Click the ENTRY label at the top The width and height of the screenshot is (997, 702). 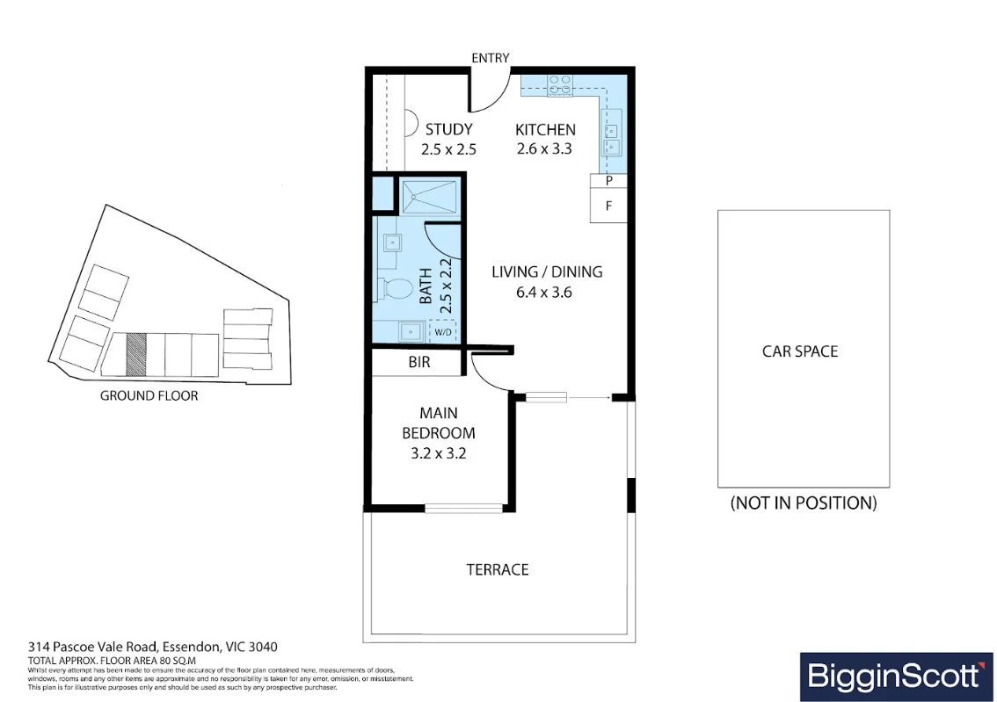pyautogui.click(x=490, y=58)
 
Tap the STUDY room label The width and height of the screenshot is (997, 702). pyautogui.click(x=448, y=130)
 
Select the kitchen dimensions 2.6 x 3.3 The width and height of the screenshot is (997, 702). pyautogui.click(x=544, y=149)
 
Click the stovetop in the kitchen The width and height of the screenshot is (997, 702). pyautogui.click(x=559, y=85)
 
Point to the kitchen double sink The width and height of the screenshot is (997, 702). pyautogui.click(x=612, y=139)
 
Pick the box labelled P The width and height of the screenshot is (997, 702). pyautogui.click(x=608, y=181)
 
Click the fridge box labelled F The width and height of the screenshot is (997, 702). pyautogui.click(x=608, y=206)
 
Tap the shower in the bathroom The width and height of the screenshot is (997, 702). pyautogui.click(x=430, y=194)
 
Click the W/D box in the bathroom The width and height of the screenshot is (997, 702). pyautogui.click(x=441, y=332)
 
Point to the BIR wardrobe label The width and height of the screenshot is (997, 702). pyautogui.click(x=419, y=362)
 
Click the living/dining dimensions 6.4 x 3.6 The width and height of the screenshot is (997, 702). pyautogui.click(x=544, y=292)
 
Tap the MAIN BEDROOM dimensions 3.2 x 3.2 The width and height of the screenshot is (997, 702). pyautogui.click(x=438, y=454)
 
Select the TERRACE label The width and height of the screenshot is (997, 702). pyautogui.click(x=498, y=569)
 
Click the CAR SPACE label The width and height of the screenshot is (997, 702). pyautogui.click(x=799, y=351)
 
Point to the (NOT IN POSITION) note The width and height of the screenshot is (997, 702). pyautogui.click(x=803, y=503)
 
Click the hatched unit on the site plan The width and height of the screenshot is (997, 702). pyautogui.click(x=135, y=353)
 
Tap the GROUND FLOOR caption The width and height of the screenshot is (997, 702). pyautogui.click(x=149, y=395)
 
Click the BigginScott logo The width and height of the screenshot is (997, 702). pyautogui.click(x=892, y=676)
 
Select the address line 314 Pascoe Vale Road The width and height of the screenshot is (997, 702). pyautogui.click(x=152, y=647)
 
